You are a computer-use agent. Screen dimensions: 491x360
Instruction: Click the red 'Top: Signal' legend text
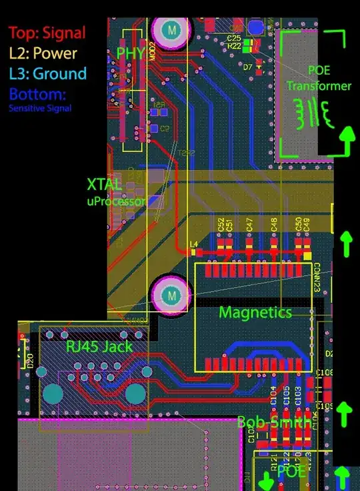[47, 31]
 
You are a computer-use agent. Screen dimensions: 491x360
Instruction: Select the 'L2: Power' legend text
[43, 53]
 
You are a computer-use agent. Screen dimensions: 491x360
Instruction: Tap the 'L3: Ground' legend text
[47, 73]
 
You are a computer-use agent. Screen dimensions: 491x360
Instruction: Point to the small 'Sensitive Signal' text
[40, 108]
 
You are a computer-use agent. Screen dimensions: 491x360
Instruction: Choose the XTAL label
[105, 185]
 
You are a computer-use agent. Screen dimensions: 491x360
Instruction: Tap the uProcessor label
[116, 201]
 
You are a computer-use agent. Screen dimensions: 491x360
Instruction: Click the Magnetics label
[255, 312]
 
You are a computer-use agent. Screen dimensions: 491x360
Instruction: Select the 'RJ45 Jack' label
[98, 346]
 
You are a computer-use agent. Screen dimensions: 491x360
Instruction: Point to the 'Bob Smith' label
[273, 422]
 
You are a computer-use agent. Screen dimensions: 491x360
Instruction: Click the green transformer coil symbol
[315, 113]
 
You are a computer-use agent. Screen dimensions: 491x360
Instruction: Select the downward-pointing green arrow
[267, 479]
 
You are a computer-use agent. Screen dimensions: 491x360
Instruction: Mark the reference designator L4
[194, 244]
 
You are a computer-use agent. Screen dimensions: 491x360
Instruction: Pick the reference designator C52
[221, 225]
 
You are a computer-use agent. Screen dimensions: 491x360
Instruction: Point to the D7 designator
[247, 68]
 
